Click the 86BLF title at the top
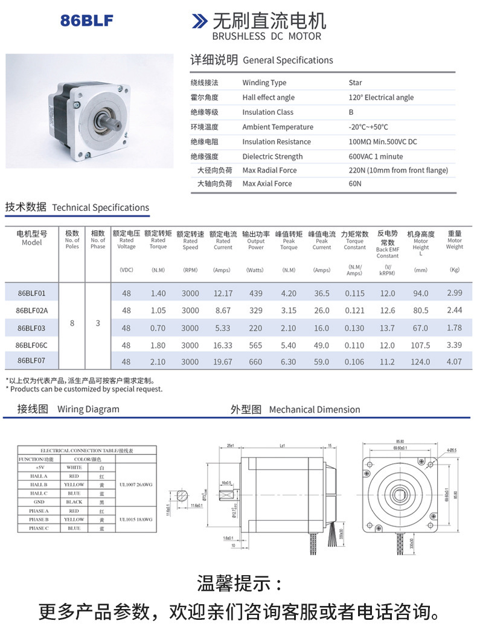click(86, 21)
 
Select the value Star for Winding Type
click(355, 83)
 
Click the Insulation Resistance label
click(277, 142)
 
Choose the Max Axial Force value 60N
click(355, 184)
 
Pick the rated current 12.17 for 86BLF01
click(223, 294)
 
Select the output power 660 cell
click(256, 362)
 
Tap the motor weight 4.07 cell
click(455, 362)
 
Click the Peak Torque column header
click(289, 240)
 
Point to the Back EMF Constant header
click(388, 244)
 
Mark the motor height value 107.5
click(420, 346)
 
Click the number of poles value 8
click(72, 323)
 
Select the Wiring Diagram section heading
click(68, 409)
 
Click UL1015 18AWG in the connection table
click(136, 520)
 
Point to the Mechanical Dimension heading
click(295, 410)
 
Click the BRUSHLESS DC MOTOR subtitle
click(267, 36)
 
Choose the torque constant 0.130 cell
click(354, 328)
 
